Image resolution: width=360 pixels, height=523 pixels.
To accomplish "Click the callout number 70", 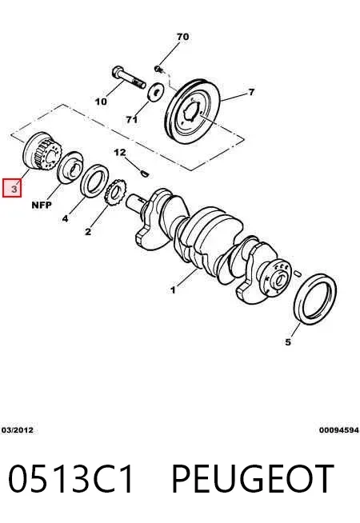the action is coord(182,37).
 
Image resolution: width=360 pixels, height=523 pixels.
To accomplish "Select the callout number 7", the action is coord(251,92).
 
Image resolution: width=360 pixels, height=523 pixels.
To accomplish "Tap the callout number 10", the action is coord(101,101).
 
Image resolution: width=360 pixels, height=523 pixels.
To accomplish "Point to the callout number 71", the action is coord(132,119).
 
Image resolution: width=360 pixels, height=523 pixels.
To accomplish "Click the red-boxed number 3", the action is coord(12,188).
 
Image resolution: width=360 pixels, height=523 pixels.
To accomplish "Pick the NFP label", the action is coord(42,206).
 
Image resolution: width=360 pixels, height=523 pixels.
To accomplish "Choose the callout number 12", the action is coord(120,153).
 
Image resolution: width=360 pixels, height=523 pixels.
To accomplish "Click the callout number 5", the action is coord(288,342).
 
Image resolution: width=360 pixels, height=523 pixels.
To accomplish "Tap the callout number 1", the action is coord(173,290).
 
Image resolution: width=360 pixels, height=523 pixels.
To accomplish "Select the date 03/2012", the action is coord(18,430).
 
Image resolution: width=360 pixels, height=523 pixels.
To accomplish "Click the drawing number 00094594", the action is coord(339,430).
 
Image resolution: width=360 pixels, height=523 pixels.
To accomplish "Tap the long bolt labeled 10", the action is coord(129,78).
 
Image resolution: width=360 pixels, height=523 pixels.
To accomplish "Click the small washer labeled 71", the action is coord(155,91).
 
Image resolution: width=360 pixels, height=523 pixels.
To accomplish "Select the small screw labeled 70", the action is coord(158,69).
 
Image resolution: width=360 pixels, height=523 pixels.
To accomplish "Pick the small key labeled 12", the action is coord(145,174).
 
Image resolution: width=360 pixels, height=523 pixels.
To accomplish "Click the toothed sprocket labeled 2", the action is coord(115,193).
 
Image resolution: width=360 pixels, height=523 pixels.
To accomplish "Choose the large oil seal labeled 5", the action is coord(315,299).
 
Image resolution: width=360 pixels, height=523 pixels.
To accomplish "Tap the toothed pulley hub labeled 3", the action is coord(42,151).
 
